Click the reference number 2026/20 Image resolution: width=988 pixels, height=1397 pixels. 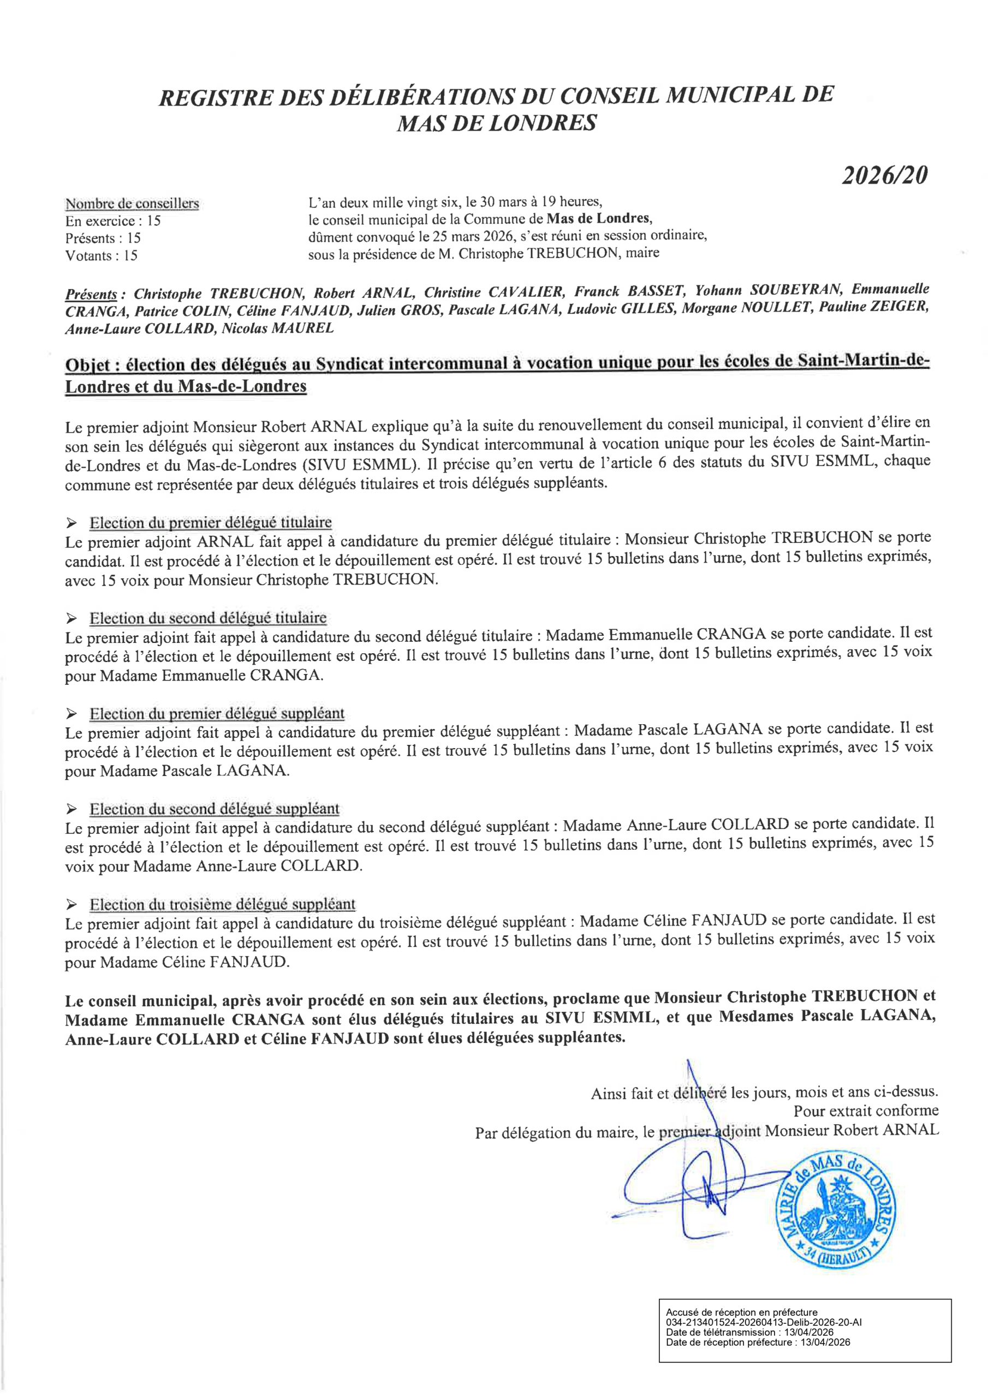[884, 175]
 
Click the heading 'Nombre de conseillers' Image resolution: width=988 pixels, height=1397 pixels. [132, 204]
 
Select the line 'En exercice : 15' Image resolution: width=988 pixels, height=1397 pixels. [112, 221]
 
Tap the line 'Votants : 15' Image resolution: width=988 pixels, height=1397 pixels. [101, 255]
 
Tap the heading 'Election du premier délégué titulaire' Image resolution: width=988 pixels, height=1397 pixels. [211, 523]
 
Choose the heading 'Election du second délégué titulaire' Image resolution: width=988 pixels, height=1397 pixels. [208, 618]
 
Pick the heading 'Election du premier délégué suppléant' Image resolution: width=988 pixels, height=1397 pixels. [217, 714]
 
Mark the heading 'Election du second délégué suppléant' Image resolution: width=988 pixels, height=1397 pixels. [215, 809]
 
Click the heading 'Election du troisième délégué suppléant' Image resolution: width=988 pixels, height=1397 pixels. [223, 905]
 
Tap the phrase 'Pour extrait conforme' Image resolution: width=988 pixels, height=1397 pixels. [866, 1111]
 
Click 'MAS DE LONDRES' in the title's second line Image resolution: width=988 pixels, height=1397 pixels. [496, 123]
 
